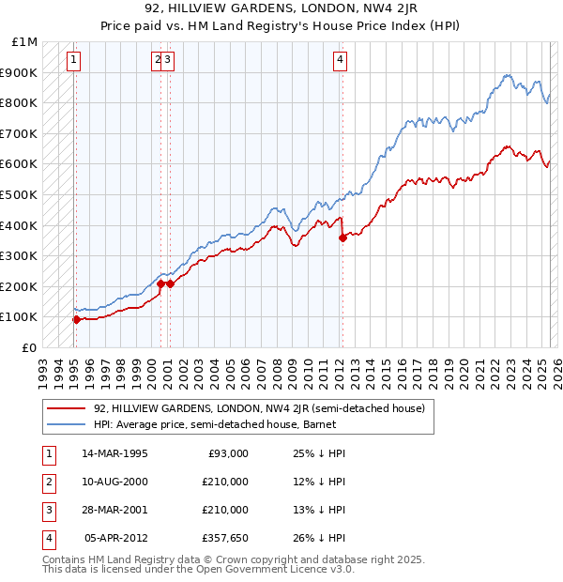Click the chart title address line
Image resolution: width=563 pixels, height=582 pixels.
click(x=281, y=10)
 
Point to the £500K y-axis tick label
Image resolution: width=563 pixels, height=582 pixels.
click(x=20, y=194)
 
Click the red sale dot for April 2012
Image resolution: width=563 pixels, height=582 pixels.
click(x=342, y=237)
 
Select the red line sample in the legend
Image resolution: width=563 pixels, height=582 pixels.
click(x=66, y=408)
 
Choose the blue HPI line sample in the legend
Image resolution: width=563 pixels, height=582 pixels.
click(x=66, y=424)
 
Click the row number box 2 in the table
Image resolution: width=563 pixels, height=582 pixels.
click(x=48, y=482)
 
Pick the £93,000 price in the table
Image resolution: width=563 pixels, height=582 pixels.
click(x=226, y=454)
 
